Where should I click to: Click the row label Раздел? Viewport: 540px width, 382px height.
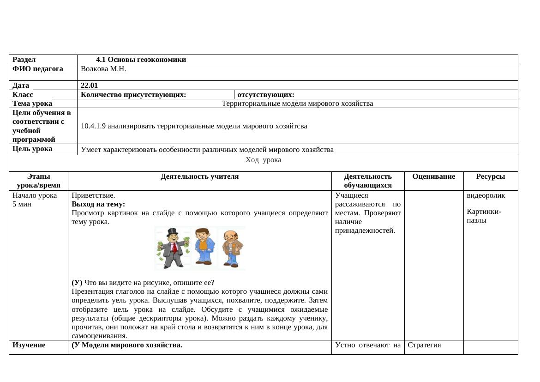tap(24, 60)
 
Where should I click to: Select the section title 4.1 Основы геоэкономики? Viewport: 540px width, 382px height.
tap(141, 60)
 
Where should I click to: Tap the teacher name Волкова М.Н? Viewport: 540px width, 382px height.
tap(103, 69)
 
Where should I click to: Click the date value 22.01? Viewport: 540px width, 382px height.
tap(89, 85)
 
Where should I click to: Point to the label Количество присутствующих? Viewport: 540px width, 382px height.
tap(133, 95)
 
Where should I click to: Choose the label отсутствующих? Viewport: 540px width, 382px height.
tap(266, 95)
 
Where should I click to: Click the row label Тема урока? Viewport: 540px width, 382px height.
tap(32, 103)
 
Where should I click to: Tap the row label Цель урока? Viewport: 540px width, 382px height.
tap(32, 149)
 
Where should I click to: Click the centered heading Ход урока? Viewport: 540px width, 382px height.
tap(263, 160)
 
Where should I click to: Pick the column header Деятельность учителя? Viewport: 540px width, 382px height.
tap(200, 176)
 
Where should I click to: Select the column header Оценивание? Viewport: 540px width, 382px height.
tap(433, 176)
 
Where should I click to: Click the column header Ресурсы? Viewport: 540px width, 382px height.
tap(490, 176)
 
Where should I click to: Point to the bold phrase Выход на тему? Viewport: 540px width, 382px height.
tap(98, 204)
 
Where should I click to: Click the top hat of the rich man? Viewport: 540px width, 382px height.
tap(173, 231)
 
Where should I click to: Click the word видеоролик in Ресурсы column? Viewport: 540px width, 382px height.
tap(486, 195)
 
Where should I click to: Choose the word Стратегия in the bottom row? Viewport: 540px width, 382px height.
tap(424, 345)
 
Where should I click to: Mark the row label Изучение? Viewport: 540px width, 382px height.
tap(29, 345)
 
